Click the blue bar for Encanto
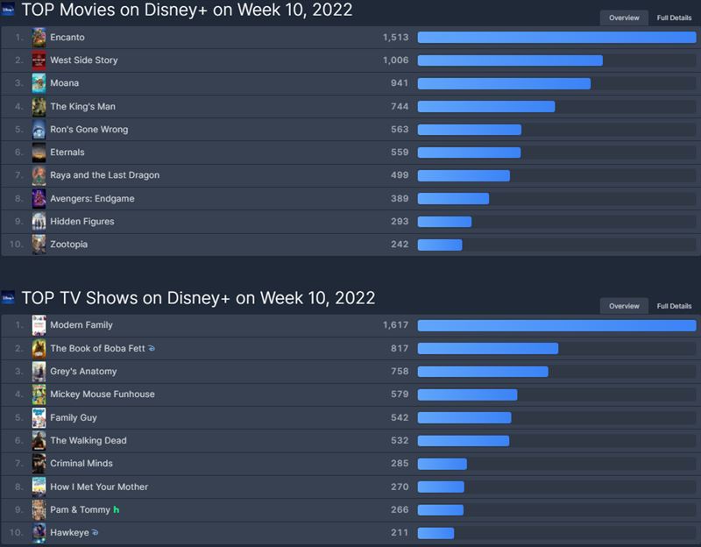pyautogui.click(x=556, y=37)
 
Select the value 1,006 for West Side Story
pyautogui.click(x=395, y=60)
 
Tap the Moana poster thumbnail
pyautogui.click(x=39, y=83)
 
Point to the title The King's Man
pyautogui.click(x=82, y=107)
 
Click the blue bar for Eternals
pyautogui.click(x=469, y=153)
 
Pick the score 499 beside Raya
pyautogui.click(x=400, y=175)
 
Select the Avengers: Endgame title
pyautogui.click(x=92, y=199)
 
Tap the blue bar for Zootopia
pyautogui.click(x=440, y=245)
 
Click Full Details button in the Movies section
pyautogui.click(x=674, y=18)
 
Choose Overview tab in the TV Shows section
pyautogui.click(x=624, y=306)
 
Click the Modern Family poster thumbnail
pyautogui.click(x=39, y=325)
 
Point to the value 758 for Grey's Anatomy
pyautogui.click(x=400, y=372)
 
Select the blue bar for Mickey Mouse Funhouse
pyautogui.click(x=467, y=394)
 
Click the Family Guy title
pyautogui.click(x=74, y=418)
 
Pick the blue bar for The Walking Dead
pyautogui.click(x=463, y=441)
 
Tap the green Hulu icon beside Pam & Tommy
pyautogui.click(x=117, y=509)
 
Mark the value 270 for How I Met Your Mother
pyautogui.click(x=400, y=487)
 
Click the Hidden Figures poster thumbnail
pyautogui.click(x=39, y=222)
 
